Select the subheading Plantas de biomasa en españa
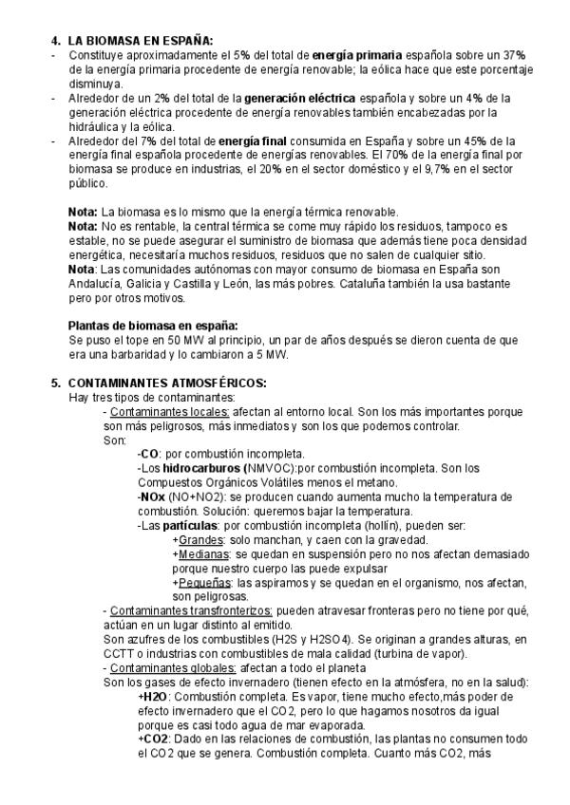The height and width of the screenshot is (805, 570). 153,325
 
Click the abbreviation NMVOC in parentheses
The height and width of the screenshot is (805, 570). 274,468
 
